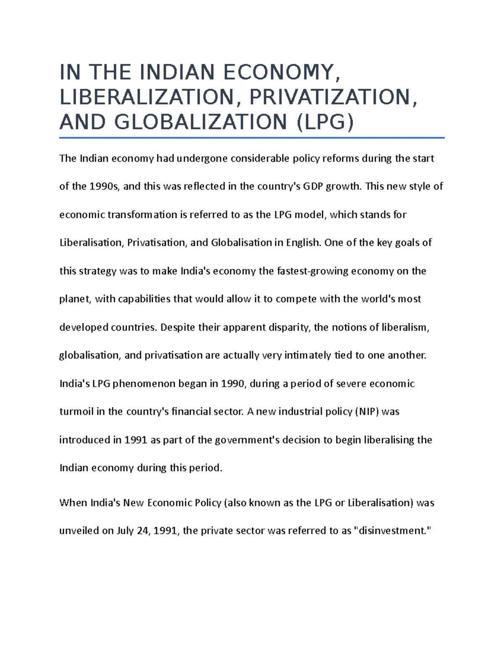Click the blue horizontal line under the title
252,138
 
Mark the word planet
75,299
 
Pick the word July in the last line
125,531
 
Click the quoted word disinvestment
393,531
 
